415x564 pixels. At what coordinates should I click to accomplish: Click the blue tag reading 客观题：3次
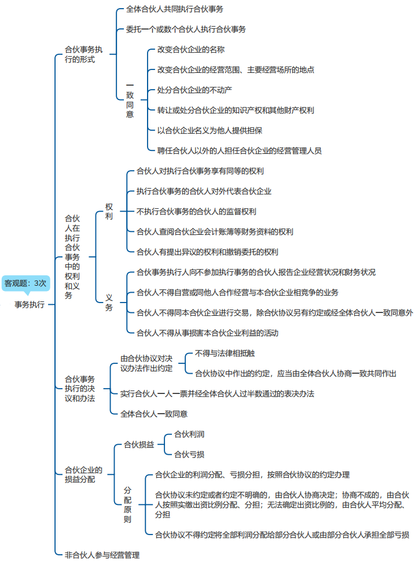pos(25,283)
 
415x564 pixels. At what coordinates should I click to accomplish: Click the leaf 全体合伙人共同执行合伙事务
pos(174,9)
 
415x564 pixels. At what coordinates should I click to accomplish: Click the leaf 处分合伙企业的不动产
pos(194,90)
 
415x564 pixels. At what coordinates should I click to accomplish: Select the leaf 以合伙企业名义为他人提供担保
pos(210,130)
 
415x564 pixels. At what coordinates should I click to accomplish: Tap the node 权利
pos(109,211)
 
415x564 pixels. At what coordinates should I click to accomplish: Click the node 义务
pos(109,302)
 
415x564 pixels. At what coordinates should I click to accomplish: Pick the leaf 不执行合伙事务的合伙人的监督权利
pos(196,211)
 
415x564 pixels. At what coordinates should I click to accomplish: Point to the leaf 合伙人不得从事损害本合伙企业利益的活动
pos(207,333)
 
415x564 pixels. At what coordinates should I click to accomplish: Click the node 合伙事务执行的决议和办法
pos(80,388)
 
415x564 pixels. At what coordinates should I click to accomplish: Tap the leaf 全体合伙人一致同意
pos(154,414)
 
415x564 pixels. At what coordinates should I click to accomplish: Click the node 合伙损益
pos(139,444)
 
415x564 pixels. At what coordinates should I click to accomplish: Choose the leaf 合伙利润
pos(189,434)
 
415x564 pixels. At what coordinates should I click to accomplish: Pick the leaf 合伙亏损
pos(189,454)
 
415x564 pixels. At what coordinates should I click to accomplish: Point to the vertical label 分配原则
pos(128,504)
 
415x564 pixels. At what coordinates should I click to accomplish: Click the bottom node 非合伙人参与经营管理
pos(102,555)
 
